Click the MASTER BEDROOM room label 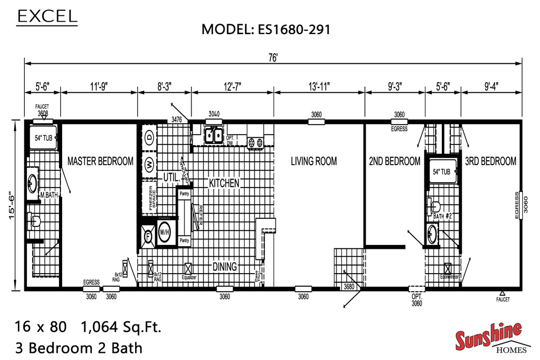click(100, 161)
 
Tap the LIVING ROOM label click(314, 161)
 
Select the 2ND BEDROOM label click(395, 161)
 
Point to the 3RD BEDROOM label click(490, 161)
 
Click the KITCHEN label click(224, 183)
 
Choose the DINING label click(225, 266)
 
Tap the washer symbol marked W click(148, 165)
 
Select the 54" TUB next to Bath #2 click(441, 171)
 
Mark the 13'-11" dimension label click(319, 85)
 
